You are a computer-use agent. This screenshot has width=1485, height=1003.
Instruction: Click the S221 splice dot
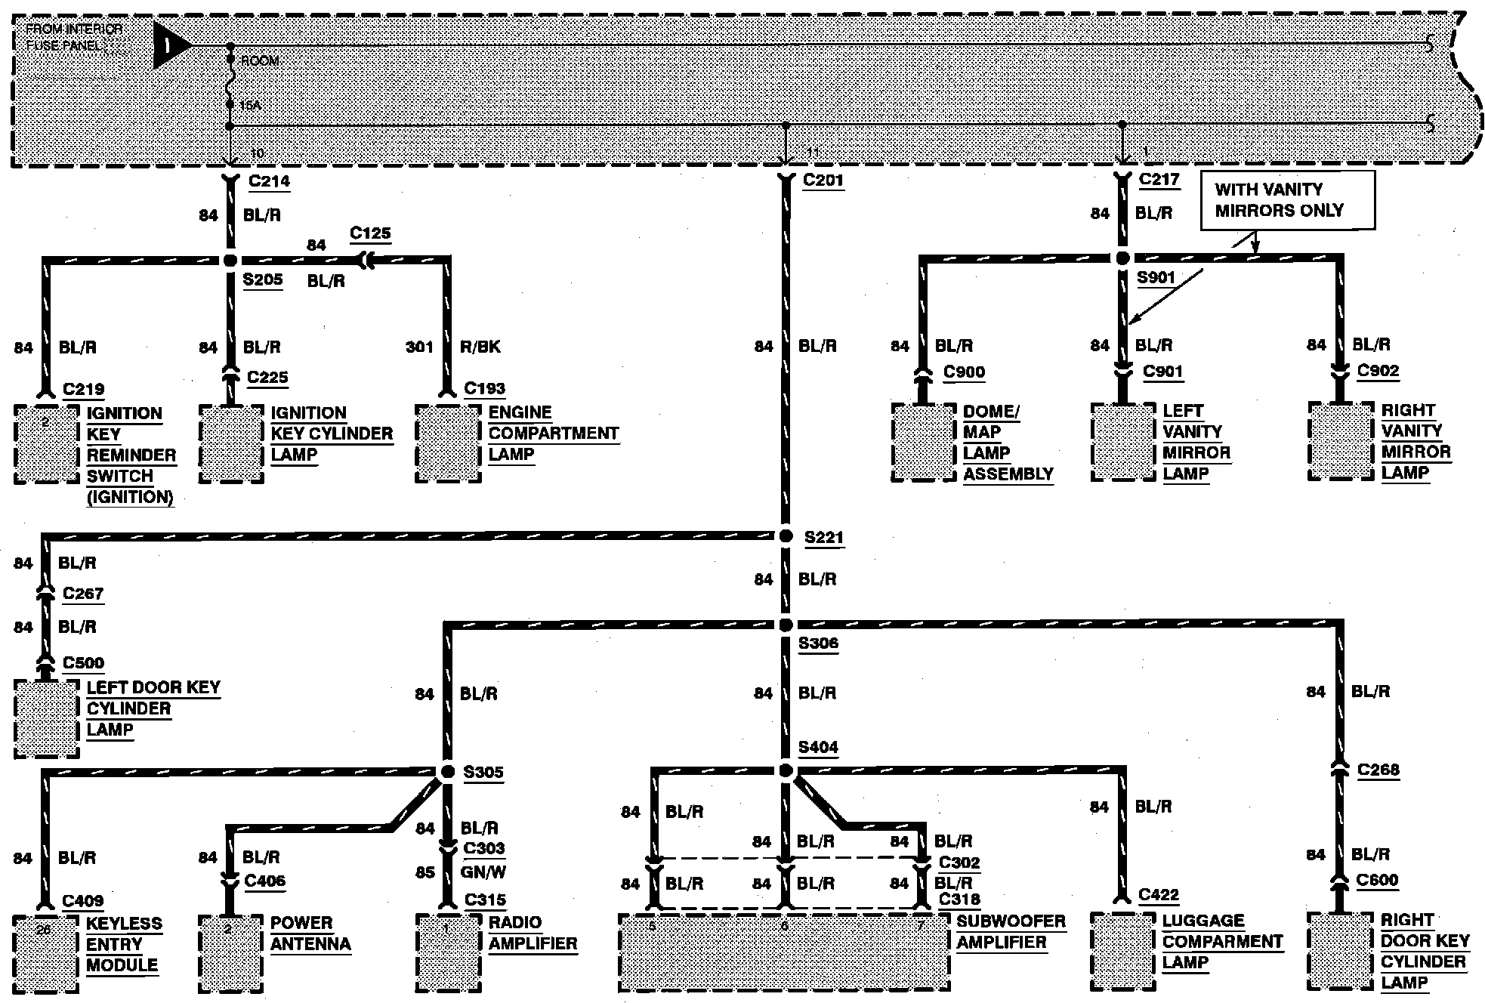click(786, 535)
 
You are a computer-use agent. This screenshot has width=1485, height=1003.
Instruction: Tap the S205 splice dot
click(230, 261)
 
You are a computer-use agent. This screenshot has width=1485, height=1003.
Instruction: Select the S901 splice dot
click(1122, 258)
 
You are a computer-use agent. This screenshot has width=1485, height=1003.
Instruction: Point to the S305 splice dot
click(447, 771)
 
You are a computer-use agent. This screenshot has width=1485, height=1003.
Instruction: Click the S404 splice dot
click(786, 770)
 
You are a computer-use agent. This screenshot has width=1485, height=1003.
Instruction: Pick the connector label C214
click(269, 181)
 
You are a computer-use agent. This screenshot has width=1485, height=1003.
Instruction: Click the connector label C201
click(823, 181)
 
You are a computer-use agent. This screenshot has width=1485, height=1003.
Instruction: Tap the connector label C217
click(1159, 180)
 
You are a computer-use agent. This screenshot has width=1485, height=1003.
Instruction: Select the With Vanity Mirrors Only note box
click(1287, 200)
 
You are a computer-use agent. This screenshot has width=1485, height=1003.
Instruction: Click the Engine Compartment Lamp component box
click(448, 443)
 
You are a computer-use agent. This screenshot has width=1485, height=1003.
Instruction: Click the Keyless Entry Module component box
click(46, 954)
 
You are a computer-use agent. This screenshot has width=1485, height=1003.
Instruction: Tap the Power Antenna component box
click(230, 953)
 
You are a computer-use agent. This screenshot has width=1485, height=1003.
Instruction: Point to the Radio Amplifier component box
click(448, 953)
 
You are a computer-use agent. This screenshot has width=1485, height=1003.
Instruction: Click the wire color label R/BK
click(480, 347)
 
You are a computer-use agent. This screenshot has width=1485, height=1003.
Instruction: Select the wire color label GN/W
click(483, 872)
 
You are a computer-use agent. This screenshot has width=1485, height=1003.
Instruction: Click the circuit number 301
click(419, 347)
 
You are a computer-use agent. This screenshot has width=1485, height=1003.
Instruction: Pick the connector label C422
click(1159, 895)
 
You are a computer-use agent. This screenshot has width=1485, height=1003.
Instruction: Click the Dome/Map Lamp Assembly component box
click(922, 443)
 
